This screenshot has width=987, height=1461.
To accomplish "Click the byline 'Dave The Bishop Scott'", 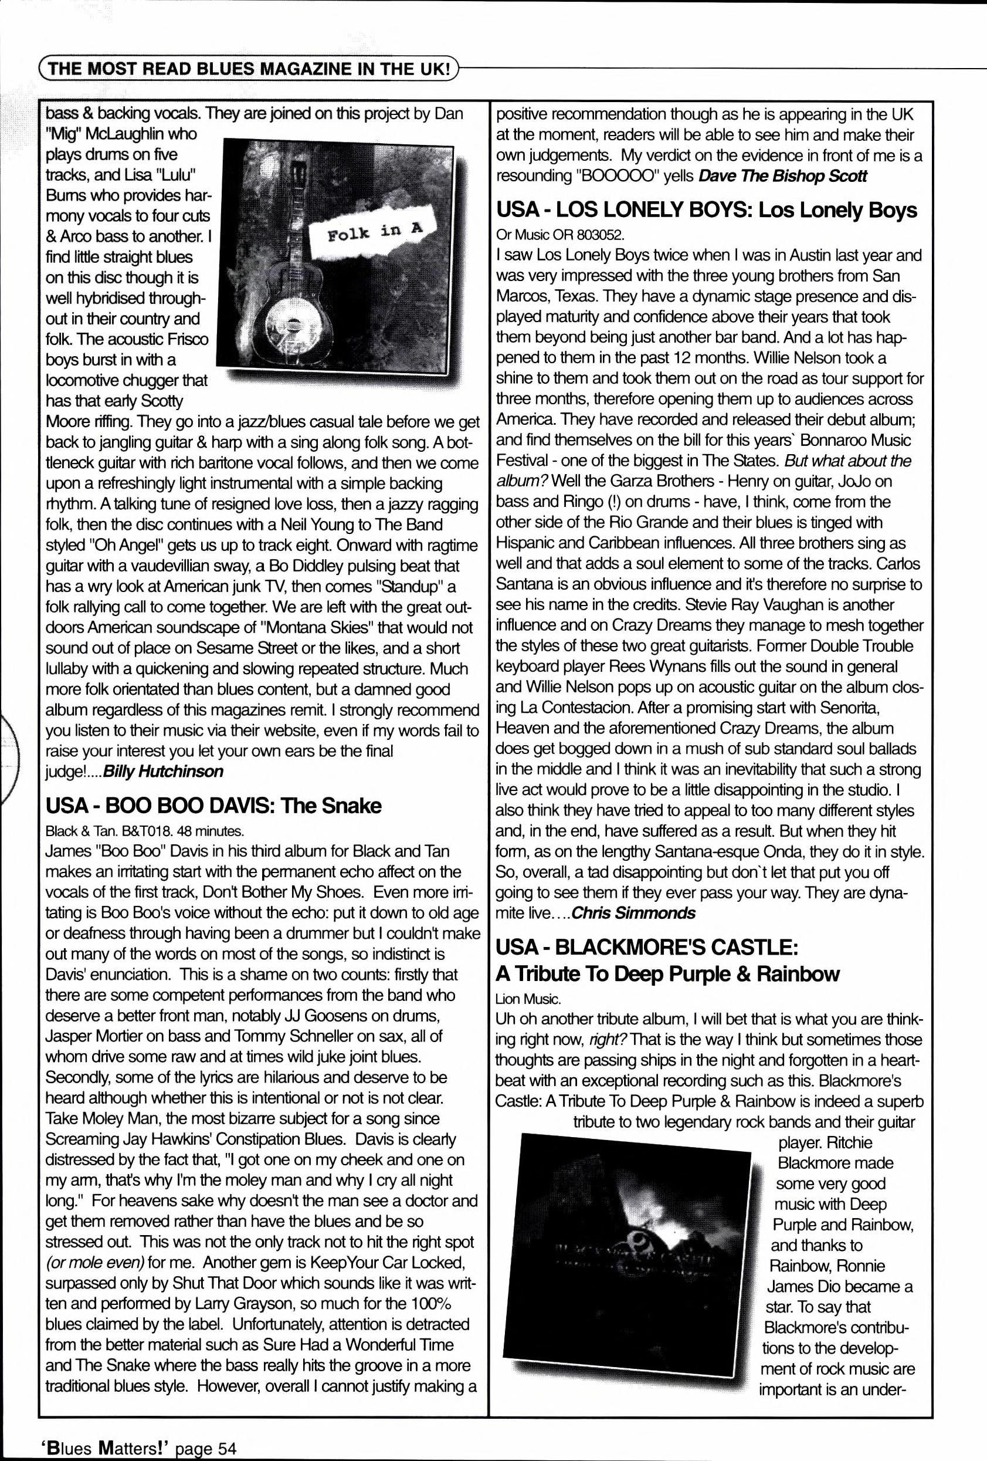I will click(782, 176).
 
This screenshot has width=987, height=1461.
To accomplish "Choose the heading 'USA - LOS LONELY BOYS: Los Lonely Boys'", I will click(706, 210).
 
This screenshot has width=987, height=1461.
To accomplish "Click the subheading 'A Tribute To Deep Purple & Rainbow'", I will click(667, 974).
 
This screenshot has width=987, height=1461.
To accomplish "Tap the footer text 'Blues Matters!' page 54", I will click(139, 1449).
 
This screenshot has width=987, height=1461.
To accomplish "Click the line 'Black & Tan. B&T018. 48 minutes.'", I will click(144, 830).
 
